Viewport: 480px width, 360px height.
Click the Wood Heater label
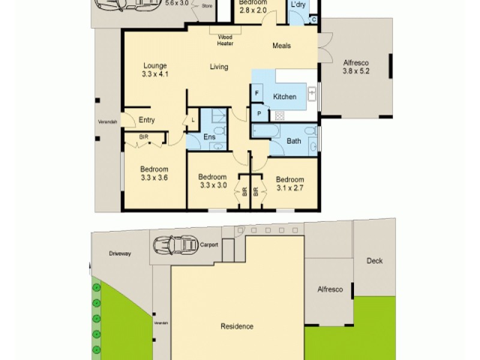point(226,40)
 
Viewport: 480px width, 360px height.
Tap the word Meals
point(281,46)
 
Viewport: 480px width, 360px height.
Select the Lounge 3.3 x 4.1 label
point(154,70)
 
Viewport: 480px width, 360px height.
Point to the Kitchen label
point(284,97)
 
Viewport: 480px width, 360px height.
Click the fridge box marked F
point(257,94)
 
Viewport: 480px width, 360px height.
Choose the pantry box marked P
point(259,113)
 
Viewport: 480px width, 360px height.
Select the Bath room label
point(293,142)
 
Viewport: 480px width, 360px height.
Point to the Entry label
point(146,120)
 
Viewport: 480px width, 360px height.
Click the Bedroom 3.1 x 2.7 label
point(290,184)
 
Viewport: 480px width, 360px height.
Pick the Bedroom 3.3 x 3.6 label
point(154,173)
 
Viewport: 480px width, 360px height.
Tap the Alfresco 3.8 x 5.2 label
point(355,67)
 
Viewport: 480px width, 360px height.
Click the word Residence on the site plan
point(237,326)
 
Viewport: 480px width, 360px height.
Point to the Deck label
point(374,261)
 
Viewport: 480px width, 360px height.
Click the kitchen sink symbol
point(312,93)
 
